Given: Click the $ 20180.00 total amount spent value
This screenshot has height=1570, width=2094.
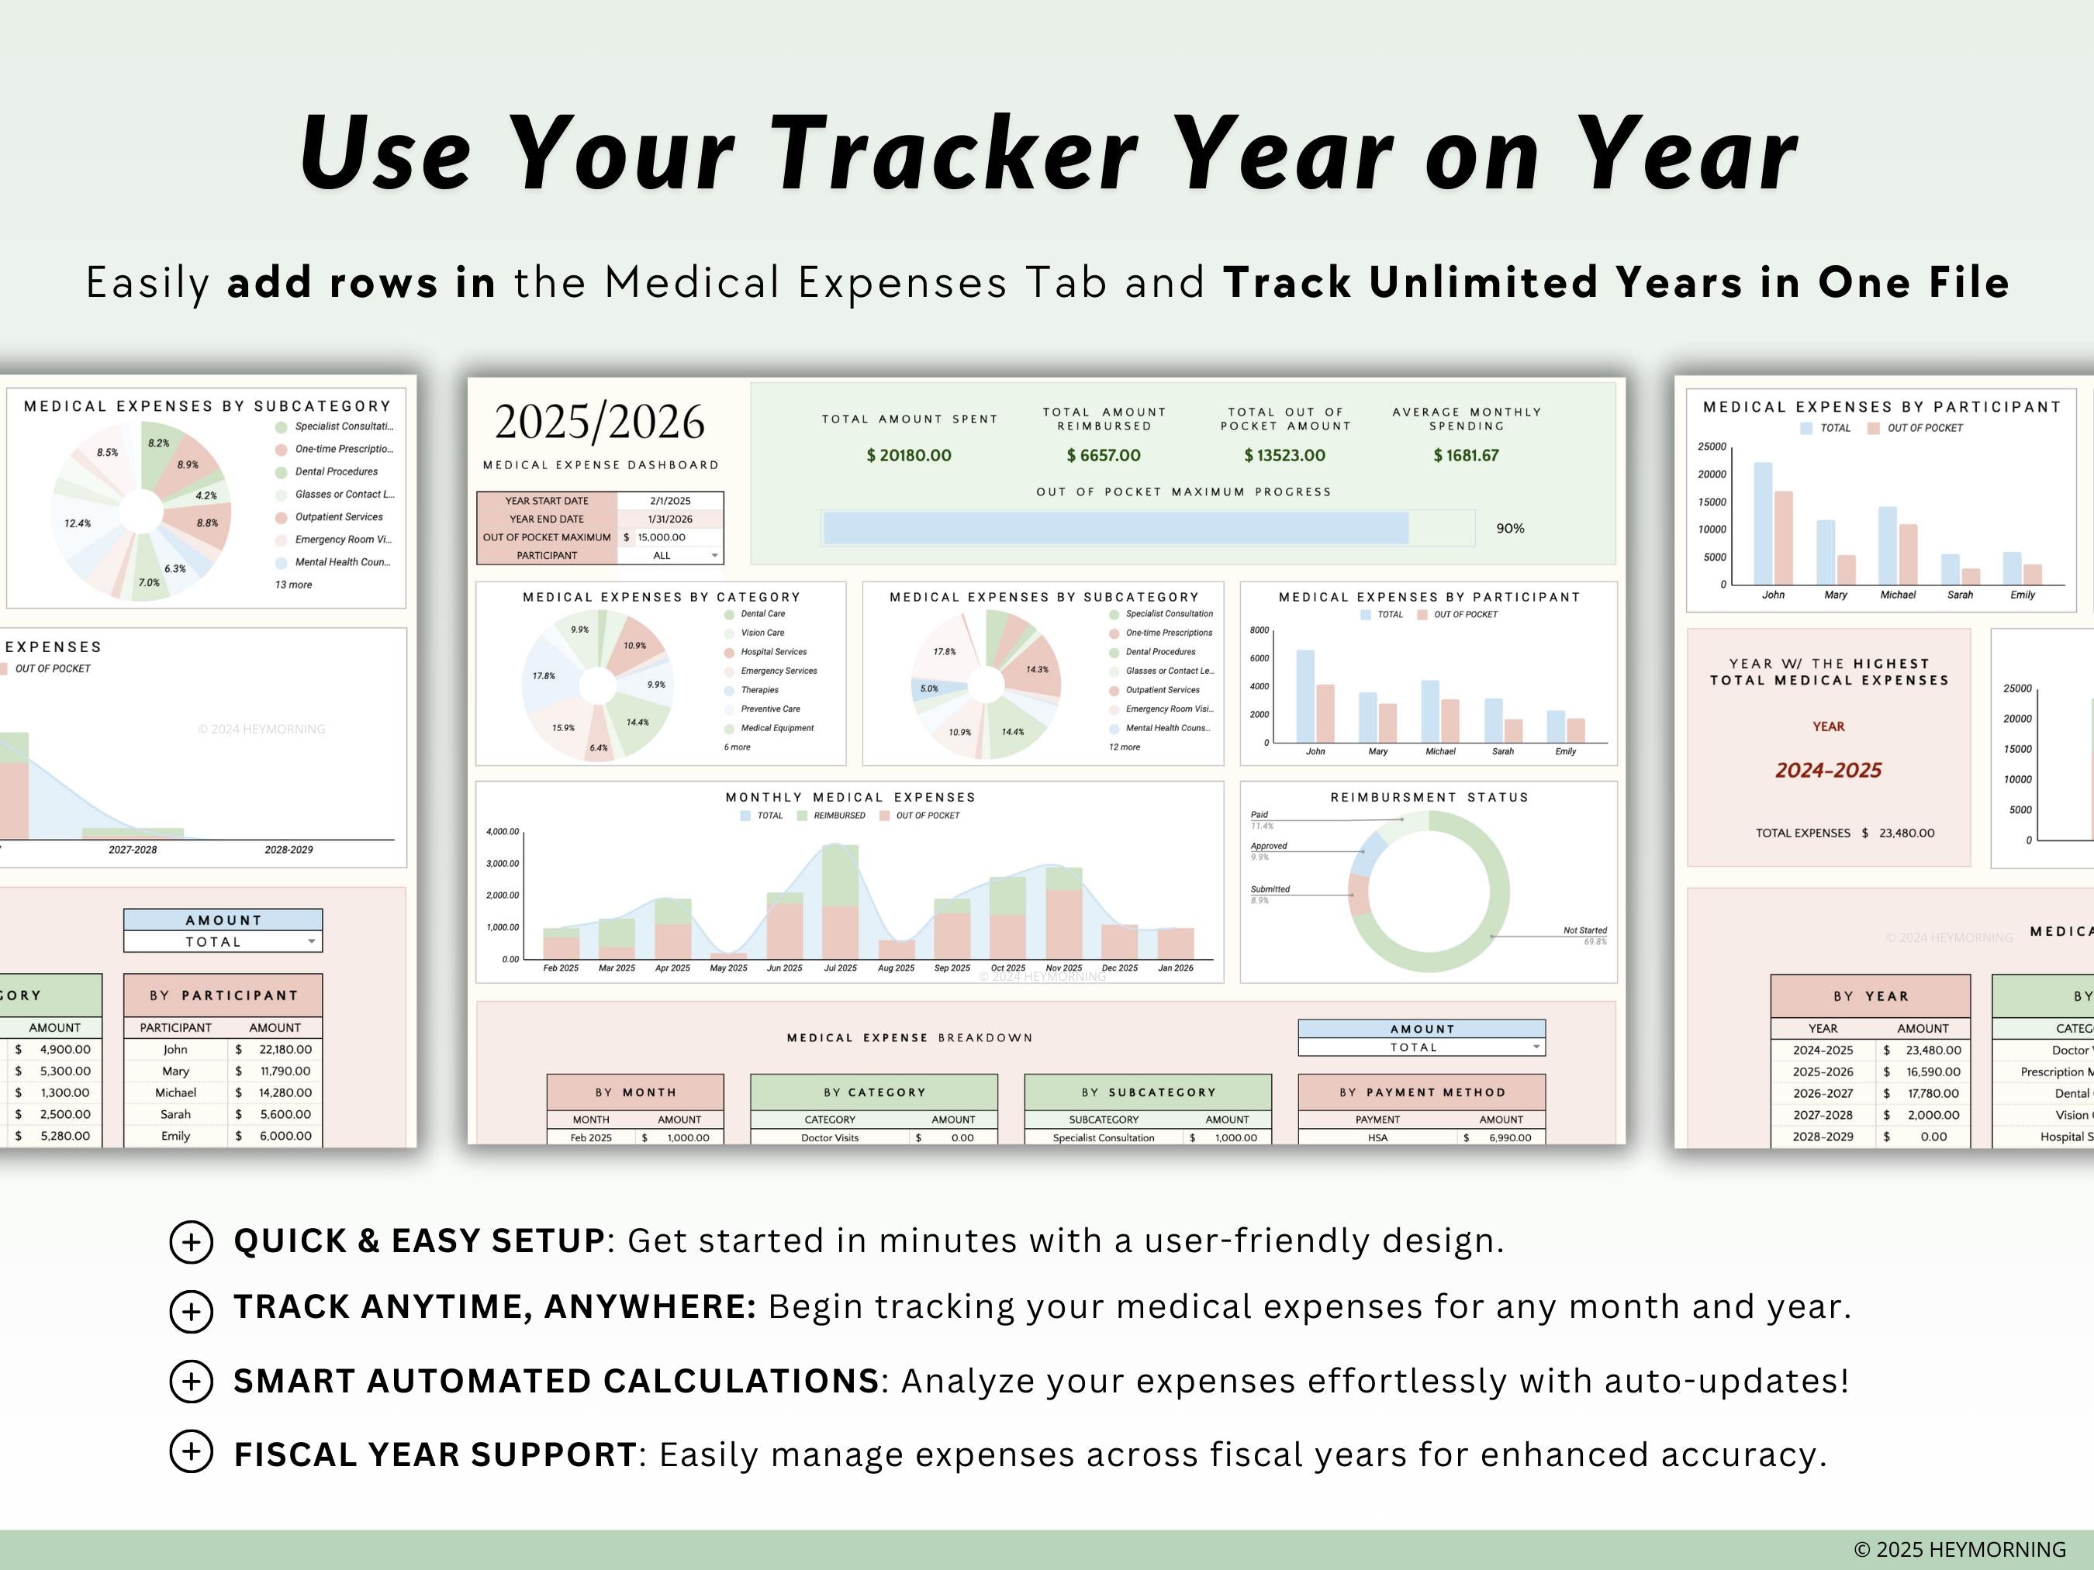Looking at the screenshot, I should point(908,455).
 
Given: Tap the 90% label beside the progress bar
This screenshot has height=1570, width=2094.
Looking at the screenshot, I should point(1510,528).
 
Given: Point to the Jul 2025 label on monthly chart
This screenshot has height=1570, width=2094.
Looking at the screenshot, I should point(840,968).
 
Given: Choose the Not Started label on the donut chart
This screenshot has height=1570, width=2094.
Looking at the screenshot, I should point(1584,930).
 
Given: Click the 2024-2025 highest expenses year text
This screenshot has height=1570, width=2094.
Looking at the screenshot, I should point(1828,771).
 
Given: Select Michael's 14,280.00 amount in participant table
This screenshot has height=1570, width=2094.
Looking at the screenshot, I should point(285,1092).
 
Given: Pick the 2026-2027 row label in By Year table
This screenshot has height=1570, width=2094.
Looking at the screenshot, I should point(1823,1093).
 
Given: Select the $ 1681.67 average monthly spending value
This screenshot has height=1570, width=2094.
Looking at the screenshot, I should point(1466,455).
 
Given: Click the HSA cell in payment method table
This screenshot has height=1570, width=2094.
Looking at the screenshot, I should point(1377,1137).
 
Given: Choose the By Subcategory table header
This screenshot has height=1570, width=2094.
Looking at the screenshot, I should point(1147,1092).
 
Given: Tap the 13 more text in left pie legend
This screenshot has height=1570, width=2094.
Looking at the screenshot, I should point(293,585).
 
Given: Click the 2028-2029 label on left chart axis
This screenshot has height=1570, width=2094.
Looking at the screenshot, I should point(289,850).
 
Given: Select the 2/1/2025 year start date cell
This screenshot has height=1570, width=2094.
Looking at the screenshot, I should point(669,501).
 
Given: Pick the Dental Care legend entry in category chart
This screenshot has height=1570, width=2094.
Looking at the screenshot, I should point(762,614).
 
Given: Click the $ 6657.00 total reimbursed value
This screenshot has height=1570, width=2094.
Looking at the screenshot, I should point(1103,455).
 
